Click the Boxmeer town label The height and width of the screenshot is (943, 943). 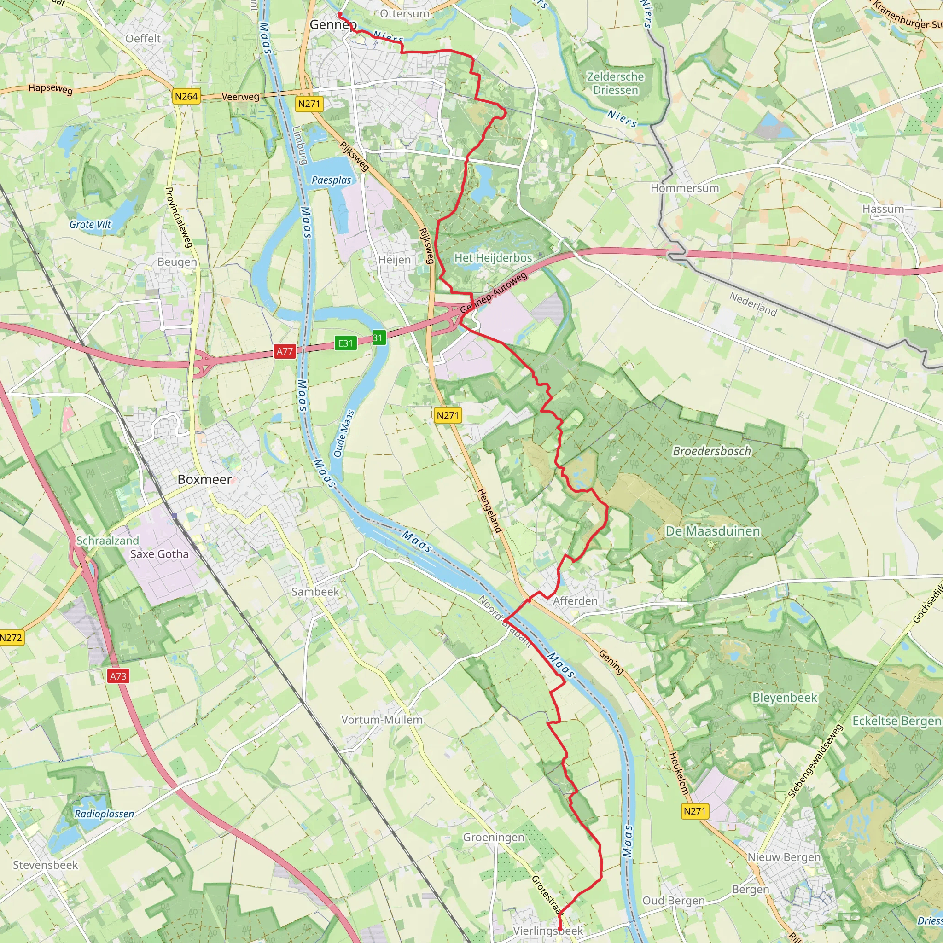point(204,479)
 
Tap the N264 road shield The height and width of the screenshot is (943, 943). point(186,96)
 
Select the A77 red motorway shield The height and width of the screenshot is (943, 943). point(285,351)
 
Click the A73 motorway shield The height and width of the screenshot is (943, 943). point(118,676)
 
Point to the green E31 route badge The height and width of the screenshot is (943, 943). point(345,343)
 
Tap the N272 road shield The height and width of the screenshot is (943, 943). point(11,637)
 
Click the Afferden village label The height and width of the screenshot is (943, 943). point(575,601)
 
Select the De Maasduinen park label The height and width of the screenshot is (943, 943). point(713,531)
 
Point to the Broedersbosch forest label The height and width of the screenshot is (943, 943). point(712,451)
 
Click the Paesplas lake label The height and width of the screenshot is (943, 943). point(332,180)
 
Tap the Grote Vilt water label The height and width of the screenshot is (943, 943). point(90,225)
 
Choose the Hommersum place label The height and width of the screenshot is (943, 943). point(684,188)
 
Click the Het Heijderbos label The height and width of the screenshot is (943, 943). point(493,257)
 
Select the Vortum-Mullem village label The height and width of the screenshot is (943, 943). point(382,720)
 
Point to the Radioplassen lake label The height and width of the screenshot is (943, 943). point(104,814)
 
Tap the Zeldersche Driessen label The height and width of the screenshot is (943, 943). point(615,83)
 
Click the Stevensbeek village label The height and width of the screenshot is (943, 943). point(46,865)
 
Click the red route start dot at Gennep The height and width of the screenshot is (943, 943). point(340,14)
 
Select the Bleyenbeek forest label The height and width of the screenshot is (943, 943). point(784,698)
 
